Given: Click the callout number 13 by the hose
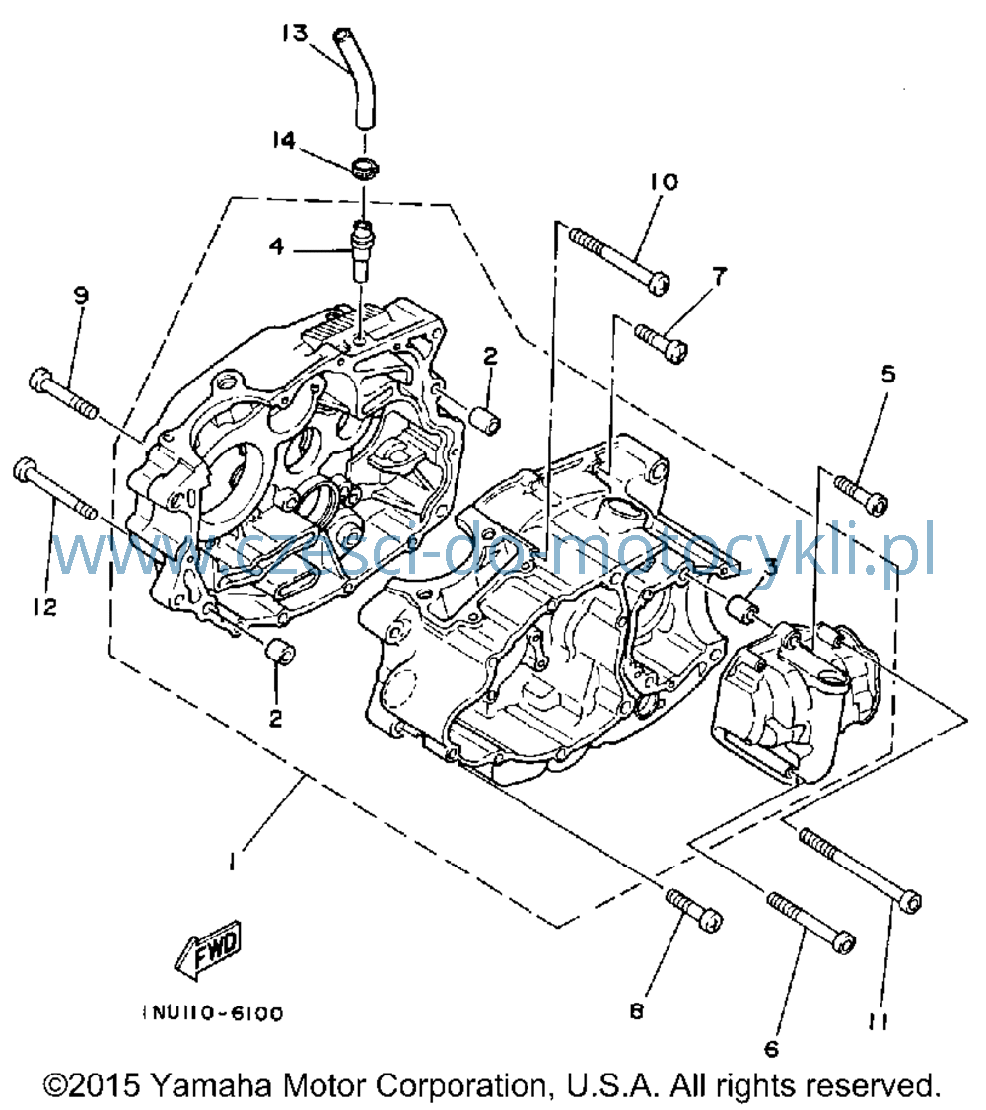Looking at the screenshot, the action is click(295, 33).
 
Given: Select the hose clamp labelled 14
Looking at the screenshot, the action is click(365, 170).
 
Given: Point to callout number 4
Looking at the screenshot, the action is click(277, 246).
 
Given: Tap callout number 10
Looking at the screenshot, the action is click(665, 182).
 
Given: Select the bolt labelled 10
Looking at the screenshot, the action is click(620, 260).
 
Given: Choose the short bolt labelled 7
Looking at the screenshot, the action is click(662, 343).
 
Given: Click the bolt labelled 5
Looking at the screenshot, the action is click(862, 495).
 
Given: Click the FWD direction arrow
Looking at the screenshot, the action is click(209, 949).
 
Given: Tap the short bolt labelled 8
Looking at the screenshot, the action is click(694, 910).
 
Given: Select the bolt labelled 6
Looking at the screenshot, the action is click(811, 923).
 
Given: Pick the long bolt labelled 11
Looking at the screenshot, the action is click(860, 870).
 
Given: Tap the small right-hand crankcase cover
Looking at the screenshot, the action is click(794, 701).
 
